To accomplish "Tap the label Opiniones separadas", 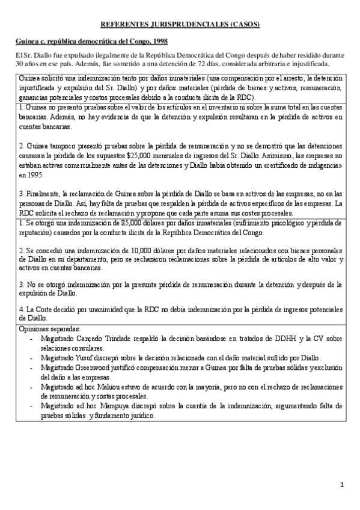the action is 47,330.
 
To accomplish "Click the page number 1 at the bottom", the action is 341,484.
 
